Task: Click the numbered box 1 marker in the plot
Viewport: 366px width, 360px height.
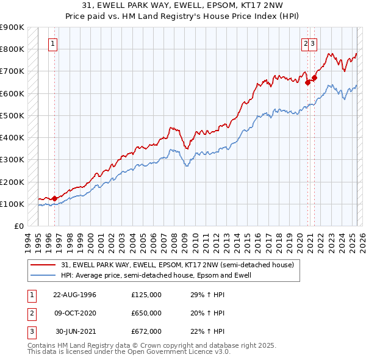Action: pos(53,43)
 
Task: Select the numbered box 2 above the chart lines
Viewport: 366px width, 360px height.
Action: pos(305,43)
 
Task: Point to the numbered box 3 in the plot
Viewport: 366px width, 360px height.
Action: pos(312,43)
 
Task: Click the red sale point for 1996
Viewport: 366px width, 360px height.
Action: pos(54,198)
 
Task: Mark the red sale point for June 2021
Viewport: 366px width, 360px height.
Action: pos(314,77)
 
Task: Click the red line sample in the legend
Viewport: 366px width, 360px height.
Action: pos(43,265)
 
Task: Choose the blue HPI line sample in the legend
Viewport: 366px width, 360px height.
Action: pos(43,276)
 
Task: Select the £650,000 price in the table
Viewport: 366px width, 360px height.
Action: pos(146,313)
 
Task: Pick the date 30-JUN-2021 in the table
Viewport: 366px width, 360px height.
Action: pos(76,331)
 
